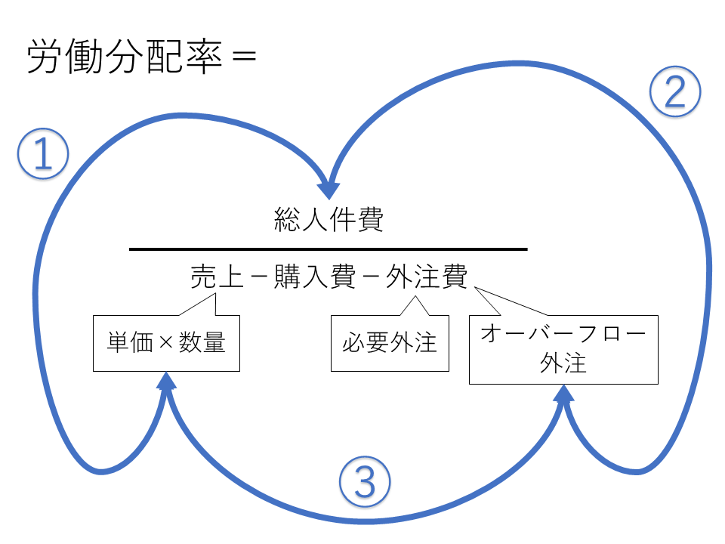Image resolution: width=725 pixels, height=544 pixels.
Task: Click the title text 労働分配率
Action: click(125, 58)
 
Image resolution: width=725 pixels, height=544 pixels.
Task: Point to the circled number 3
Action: click(365, 483)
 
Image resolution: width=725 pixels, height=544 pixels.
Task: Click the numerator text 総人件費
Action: click(329, 221)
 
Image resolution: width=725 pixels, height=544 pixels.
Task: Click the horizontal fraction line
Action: click(329, 249)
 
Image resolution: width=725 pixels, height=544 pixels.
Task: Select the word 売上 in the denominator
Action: click(215, 277)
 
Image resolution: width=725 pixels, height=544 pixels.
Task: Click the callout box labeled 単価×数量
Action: click(166, 343)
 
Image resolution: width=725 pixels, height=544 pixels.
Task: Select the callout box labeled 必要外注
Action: click(390, 343)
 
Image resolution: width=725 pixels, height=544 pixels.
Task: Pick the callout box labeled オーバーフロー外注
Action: click(563, 350)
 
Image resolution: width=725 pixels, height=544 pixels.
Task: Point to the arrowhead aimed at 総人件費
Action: click(329, 190)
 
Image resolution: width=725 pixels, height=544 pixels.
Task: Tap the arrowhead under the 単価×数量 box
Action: click(166, 381)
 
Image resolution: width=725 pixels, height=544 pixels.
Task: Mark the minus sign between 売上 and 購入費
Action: click(257, 278)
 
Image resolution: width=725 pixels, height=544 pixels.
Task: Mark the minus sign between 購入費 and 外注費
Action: click(370, 278)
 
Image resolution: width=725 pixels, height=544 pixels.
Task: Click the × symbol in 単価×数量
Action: click(166, 344)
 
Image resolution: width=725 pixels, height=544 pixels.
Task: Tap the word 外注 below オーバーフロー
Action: click(563, 363)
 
